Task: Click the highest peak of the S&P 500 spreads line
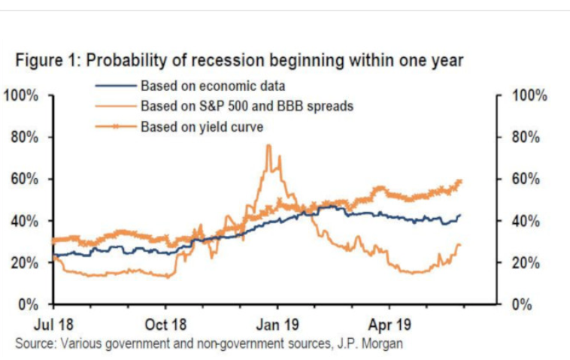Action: (x=268, y=145)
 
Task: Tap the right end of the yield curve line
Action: (x=460, y=181)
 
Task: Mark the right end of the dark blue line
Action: (x=460, y=216)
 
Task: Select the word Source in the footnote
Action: (x=33, y=343)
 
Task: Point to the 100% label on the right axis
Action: (x=529, y=96)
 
